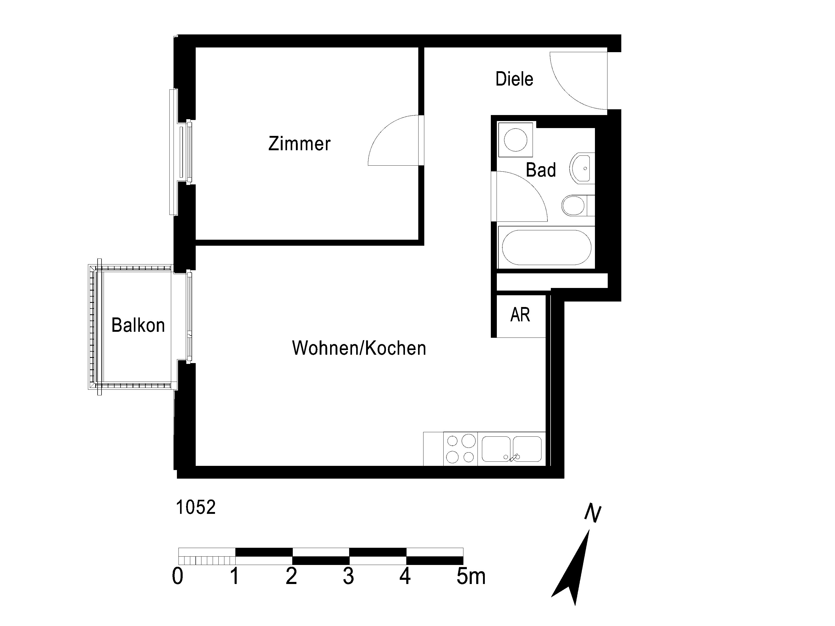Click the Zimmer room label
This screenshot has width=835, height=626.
pyautogui.click(x=299, y=144)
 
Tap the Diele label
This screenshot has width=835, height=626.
pyautogui.click(x=514, y=79)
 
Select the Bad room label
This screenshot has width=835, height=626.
pyautogui.click(x=541, y=170)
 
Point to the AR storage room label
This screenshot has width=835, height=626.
pyautogui.click(x=520, y=315)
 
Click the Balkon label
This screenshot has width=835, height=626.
pyautogui.click(x=138, y=325)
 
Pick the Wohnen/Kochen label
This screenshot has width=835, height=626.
pyautogui.click(x=359, y=348)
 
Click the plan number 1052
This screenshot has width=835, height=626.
pyautogui.click(x=196, y=508)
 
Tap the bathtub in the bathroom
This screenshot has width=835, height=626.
pyautogui.click(x=546, y=248)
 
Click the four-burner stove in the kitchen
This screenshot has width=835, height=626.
pyautogui.click(x=461, y=449)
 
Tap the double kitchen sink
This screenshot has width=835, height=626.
pyautogui.click(x=511, y=449)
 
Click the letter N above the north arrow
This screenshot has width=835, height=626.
pyautogui.click(x=593, y=513)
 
